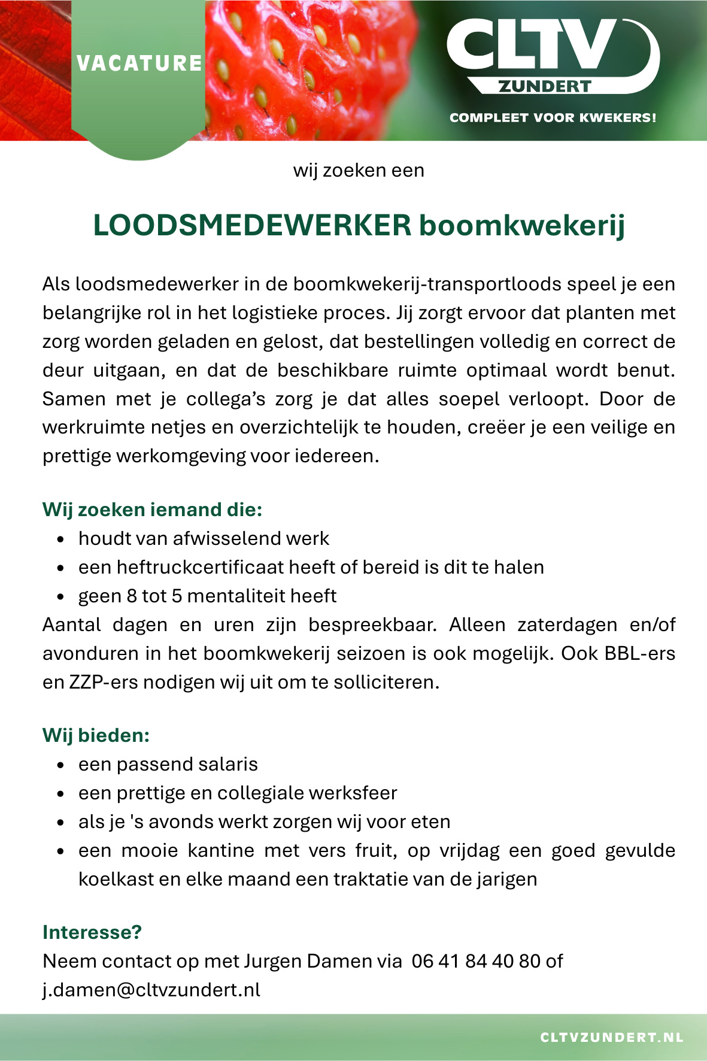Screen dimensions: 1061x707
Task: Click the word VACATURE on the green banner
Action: [x=139, y=63]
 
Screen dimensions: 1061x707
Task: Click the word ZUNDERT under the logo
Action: [x=545, y=87]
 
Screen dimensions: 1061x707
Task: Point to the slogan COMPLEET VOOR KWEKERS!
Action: [x=553, y=117]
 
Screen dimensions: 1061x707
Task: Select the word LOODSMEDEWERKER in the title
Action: [x=252, y=226]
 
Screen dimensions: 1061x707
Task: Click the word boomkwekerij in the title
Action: [x=521, y=226]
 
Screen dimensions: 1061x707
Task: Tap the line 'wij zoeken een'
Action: [x=359, y=171]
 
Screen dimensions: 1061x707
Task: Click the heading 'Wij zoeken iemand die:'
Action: [x=152, y=510]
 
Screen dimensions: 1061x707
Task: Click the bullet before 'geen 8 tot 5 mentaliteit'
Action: [x=60, y=597]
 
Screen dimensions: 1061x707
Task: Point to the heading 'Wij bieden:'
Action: [x=96, y=735]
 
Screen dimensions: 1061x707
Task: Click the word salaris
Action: [x=226, y=765]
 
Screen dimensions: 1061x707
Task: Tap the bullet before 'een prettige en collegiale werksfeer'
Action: [x=60, y=794]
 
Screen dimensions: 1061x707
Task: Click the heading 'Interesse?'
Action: [x=92, y=932]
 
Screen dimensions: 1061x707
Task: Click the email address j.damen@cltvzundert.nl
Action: [x=151, y=990]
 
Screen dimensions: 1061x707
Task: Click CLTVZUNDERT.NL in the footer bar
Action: [x=611, y=1038]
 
